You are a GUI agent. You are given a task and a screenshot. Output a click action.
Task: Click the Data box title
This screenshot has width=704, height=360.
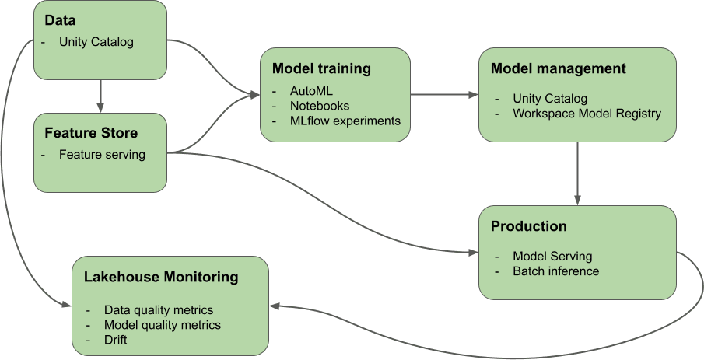[61, 20]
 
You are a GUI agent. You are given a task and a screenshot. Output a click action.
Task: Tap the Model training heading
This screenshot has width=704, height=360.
[321, 68]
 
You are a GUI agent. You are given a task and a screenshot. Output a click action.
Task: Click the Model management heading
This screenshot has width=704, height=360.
[558, 68]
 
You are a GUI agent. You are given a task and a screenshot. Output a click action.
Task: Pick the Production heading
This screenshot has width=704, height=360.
[528, 226]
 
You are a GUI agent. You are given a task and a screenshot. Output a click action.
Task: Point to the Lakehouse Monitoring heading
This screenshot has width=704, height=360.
[160, 277]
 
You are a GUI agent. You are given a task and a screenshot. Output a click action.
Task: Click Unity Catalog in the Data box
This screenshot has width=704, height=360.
[96, 42]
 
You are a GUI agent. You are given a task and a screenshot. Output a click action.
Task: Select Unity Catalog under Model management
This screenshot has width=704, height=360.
[550, 99]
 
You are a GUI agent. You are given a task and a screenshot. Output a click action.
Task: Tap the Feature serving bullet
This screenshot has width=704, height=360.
[102, 154]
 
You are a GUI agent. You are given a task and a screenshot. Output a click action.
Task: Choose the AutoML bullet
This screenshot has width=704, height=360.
[310, 91]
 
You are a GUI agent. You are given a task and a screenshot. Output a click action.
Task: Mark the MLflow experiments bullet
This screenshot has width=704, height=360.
[344, 121]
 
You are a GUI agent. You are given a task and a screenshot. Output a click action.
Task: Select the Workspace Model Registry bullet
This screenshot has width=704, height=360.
[587, 114]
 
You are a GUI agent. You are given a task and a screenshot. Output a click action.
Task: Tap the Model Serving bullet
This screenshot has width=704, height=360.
[552, 256]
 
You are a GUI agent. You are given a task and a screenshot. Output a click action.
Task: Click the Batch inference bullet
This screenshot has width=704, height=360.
[555, 271]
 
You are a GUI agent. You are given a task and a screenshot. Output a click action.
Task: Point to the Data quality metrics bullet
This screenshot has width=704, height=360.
[158, 309]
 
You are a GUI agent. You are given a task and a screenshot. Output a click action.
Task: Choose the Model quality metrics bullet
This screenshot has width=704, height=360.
[162, 324]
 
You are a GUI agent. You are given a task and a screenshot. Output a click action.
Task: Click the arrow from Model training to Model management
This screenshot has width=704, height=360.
[443, 95]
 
